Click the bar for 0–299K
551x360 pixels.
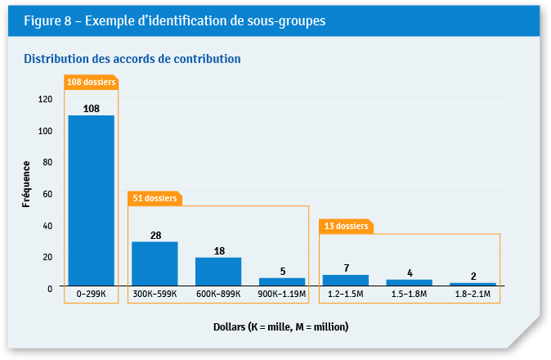[91, 200]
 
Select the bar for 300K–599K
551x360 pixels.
[155, 263]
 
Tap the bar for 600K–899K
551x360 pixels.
[218, 272]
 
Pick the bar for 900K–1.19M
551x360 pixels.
[282, 281]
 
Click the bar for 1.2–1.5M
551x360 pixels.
[346, 280]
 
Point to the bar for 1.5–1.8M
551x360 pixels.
[410, 282]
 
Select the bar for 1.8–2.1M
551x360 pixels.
[473, 284]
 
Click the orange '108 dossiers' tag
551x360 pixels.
[91, 82]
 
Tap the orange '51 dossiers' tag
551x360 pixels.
[155, 198]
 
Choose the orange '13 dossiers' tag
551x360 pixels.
[346, 226]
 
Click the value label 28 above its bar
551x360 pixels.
[155, 236]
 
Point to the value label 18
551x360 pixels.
[218, 251]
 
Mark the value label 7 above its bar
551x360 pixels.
[346, 268]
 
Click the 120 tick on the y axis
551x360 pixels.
[45, 99]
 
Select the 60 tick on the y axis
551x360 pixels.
[47, 194]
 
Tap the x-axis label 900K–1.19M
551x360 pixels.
[282, 294]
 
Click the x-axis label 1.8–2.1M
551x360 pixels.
[473, 294]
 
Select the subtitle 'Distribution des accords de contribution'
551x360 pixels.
[132, 59]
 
